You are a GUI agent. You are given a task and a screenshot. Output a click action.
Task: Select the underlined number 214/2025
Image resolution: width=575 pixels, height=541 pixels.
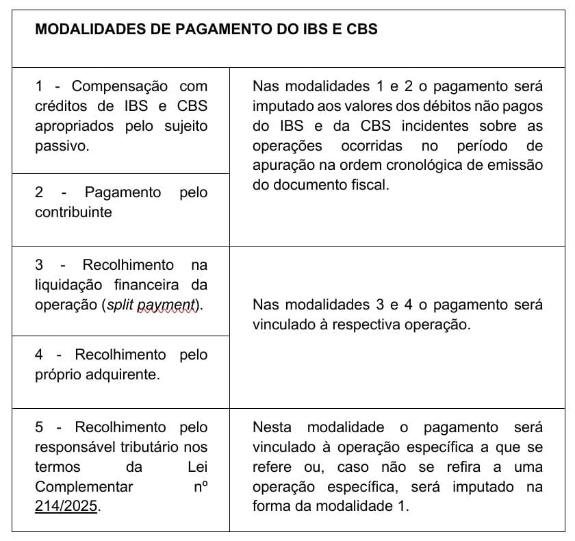[x=66, y=507]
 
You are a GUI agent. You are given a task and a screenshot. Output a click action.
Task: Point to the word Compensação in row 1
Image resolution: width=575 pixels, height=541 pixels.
[x=120, y=86]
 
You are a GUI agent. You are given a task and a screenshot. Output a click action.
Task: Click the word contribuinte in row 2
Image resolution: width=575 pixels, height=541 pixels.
[x=73, y=212]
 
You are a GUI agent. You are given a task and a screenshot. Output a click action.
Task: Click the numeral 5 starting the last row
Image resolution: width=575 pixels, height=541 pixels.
[x=39, y=428]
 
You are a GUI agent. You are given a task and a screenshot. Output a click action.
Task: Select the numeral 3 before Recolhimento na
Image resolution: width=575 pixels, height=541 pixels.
[x=39, y=265]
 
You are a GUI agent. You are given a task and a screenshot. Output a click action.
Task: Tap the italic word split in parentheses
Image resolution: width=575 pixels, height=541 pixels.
[x=123, y=305]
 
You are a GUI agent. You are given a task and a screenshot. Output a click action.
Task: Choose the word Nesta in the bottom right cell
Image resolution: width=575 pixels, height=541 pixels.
[x=272, y=428]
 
